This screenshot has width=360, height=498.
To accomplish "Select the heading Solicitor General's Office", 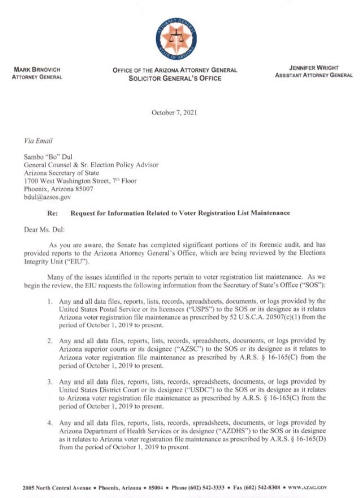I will pyautogui.click(x=175, y=78).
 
